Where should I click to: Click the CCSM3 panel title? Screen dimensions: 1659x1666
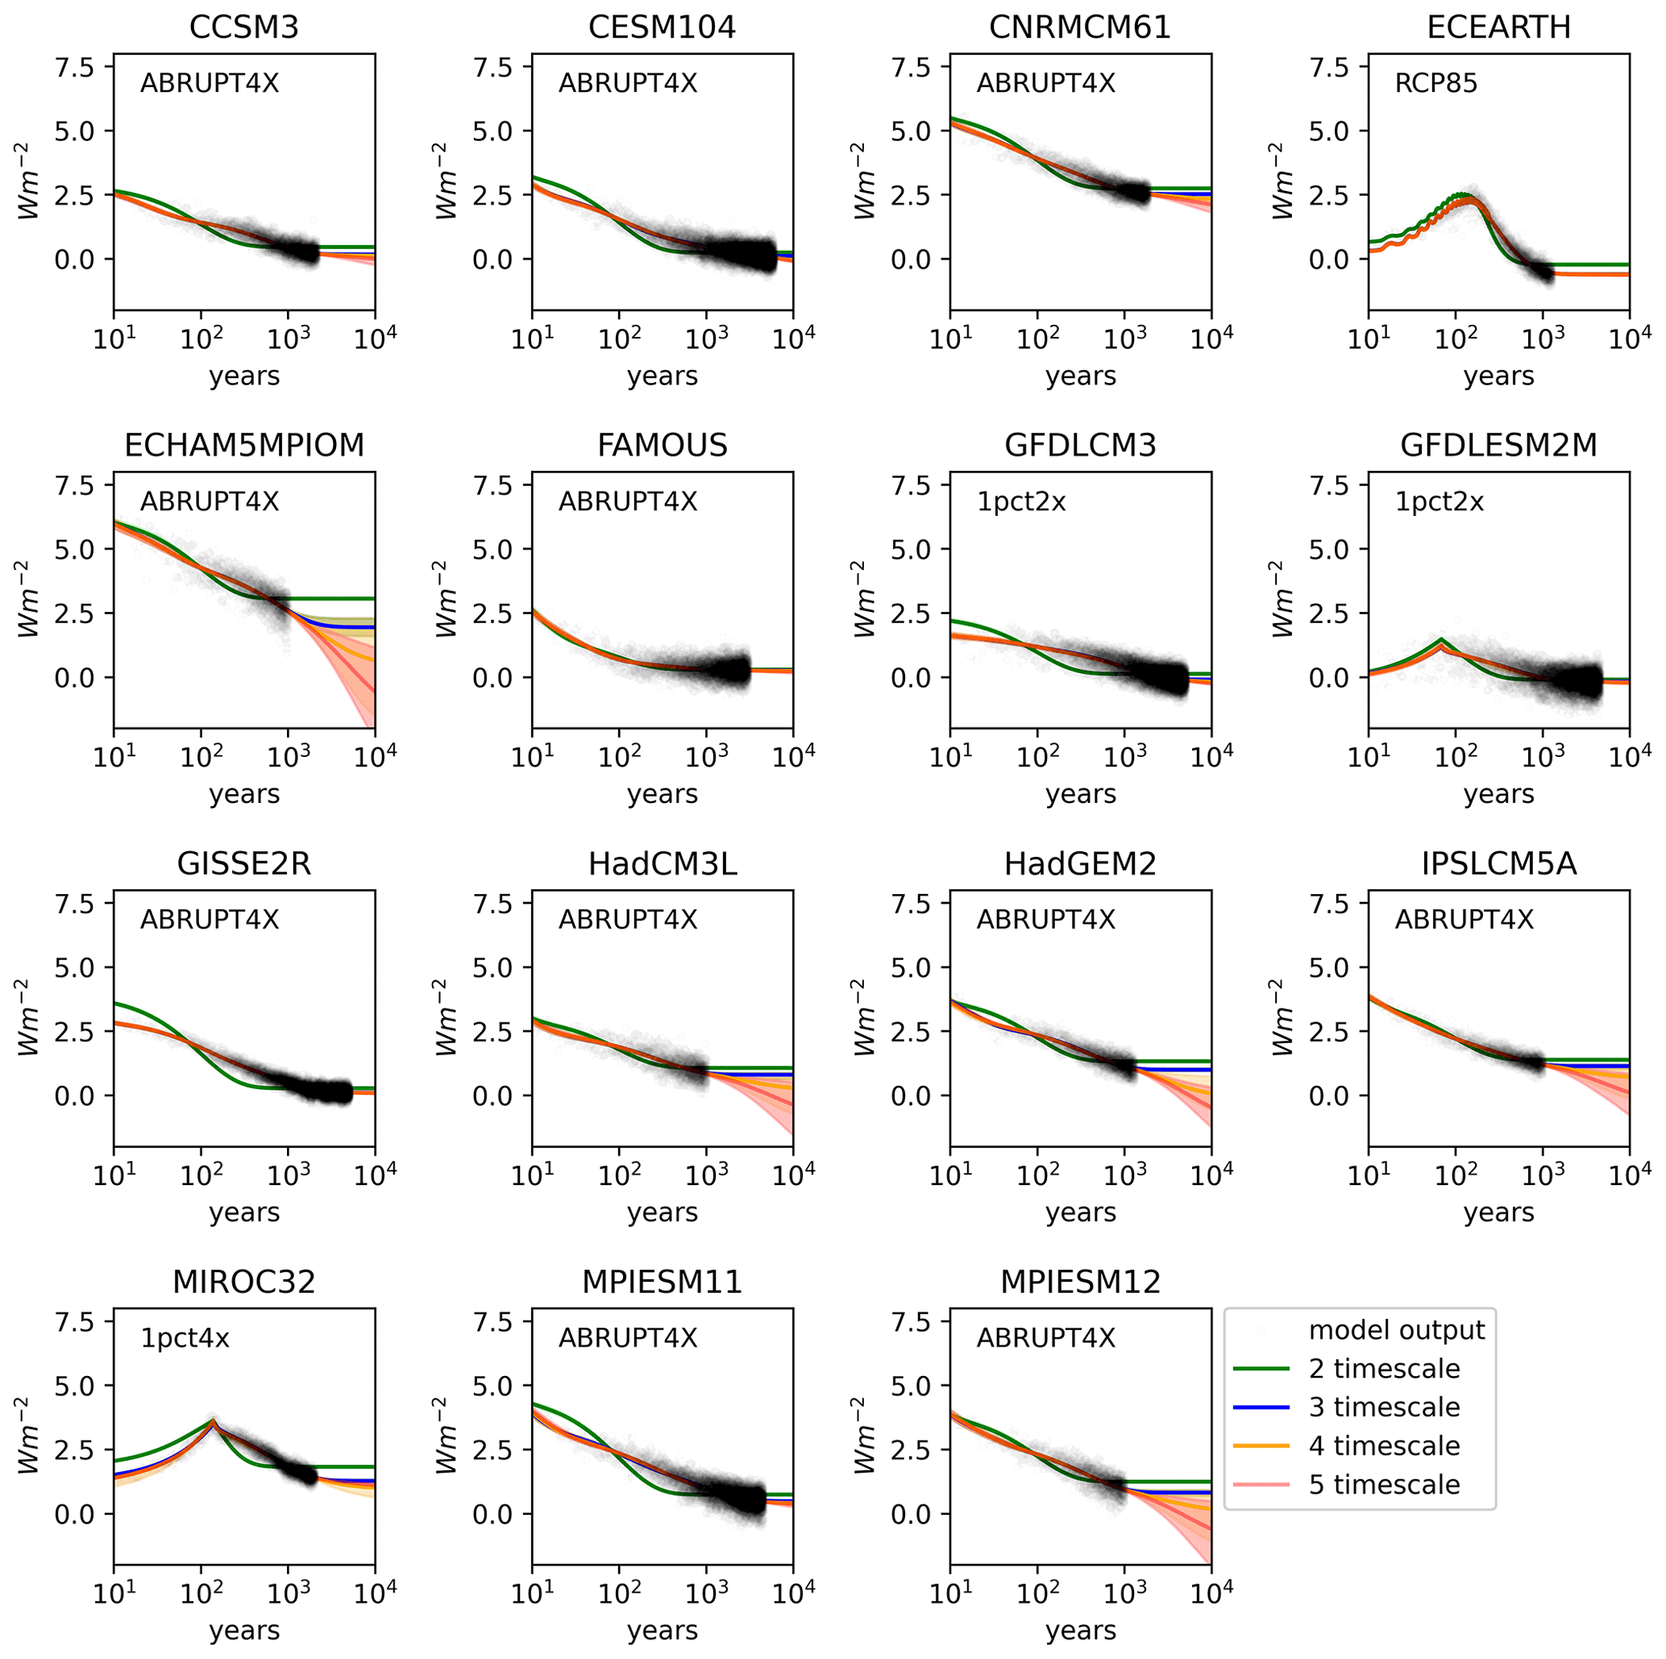pos(244,27)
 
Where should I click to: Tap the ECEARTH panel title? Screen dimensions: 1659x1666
pos(1498,27)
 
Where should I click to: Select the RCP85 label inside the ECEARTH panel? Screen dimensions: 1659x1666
pos(1435,84)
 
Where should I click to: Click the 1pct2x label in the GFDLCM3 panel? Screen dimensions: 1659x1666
pos(1021,502)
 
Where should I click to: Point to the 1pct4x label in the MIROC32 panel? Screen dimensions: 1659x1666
pos(185,1338)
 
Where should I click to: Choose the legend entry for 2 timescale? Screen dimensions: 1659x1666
pos(1384,1369)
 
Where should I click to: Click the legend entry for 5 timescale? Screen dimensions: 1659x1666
pos(1384,1484)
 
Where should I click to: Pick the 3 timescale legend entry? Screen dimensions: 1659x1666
pos(1384,1407)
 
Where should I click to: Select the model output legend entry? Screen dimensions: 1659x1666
pos(1396,1330)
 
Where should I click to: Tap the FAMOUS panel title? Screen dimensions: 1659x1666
pos(663,446)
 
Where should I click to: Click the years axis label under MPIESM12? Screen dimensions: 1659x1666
pos(1081,1631)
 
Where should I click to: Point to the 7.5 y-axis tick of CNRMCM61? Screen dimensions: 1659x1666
pos(913,67)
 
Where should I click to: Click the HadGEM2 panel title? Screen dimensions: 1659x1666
pos(1081,864)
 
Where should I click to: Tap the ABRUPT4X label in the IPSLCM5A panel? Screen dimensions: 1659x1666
pos(1465,920)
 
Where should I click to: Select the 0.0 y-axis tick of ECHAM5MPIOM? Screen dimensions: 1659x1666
pos(76,678)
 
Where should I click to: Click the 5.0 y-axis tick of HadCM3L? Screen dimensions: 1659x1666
pos(494,967)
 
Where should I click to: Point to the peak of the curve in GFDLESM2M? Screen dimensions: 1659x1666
pos(1442,640)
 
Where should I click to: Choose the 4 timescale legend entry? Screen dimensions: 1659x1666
pos(1384,1446)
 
